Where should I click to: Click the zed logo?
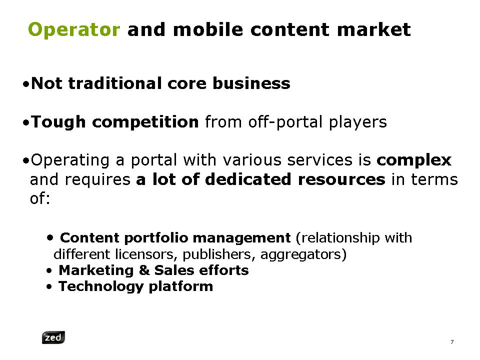pyautogui.click(x=53, y=337)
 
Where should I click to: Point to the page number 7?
pyautogui.click(x=452, y=342)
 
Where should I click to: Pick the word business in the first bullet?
pyautogui.click(x=251, y=83)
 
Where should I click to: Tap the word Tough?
pyautogui.click(x=58, y=122)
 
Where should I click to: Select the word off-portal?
pyautogui.click(x=285, y=122)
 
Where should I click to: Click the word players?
pyautogui.click(x=358, y=122)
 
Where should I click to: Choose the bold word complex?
pyautogui.click(x=414, y=160)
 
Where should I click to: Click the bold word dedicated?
pyautogui.click(x=248, y=179)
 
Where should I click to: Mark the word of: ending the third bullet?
pyautogui.click(x=40, y=198)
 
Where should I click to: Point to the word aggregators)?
pyautogui.click(x=303, y=254)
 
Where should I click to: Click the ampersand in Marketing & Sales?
pyautogui.click(x=143, y=270)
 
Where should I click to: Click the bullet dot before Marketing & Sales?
pyautogui.click(x=49, y=270)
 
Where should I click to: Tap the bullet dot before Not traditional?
pyautogui.click(x=26, y=84)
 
